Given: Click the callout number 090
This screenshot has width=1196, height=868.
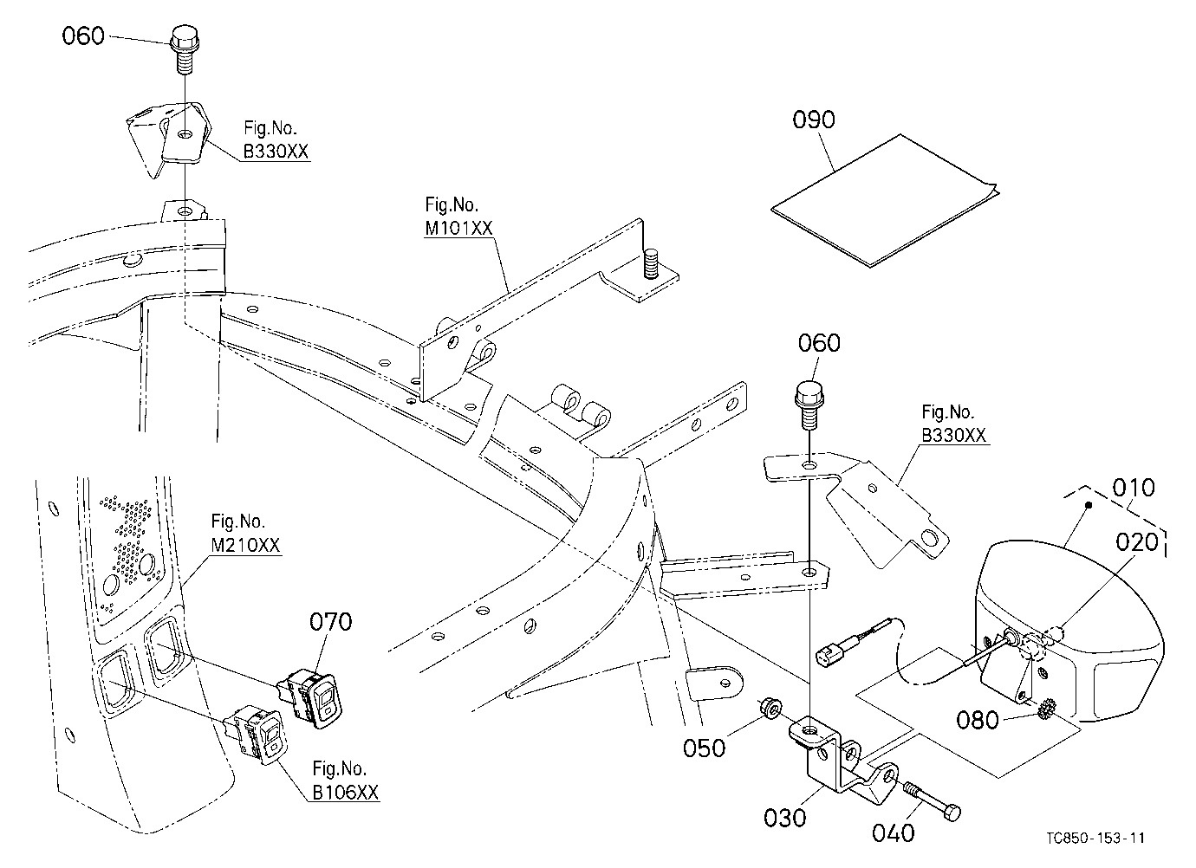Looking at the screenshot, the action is point(813,120).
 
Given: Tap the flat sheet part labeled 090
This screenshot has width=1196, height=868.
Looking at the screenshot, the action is point(885,201).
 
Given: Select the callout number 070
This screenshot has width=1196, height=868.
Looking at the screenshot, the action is point(330,622).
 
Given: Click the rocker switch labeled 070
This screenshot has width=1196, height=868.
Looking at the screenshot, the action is point(310,699).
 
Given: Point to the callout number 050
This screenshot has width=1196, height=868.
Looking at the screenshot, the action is point(704,748).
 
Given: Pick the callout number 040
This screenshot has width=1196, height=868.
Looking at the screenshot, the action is point(893,832).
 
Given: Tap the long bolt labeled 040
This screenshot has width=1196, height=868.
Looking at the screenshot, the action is point(931,801).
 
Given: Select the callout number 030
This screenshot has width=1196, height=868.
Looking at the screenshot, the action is point(784,817).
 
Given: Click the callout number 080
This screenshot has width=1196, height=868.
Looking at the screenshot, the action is point(977,720).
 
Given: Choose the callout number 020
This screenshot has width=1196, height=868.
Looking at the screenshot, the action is point(1137,542).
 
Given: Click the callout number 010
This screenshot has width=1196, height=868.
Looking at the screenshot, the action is point(1134,488).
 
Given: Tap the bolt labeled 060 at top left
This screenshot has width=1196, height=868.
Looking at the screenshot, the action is point(185,48).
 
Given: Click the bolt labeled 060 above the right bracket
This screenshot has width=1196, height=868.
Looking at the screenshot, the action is point(809,405).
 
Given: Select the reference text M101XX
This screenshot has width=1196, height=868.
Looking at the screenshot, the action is point(458,229).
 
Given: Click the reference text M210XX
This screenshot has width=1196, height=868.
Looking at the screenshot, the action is point(245,545).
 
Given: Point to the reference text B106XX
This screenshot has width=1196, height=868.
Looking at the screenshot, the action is point(346,792).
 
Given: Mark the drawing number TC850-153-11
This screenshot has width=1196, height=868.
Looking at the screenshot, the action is point(1095,838).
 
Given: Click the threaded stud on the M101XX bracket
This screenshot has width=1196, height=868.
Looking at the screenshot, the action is point(650,263).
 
